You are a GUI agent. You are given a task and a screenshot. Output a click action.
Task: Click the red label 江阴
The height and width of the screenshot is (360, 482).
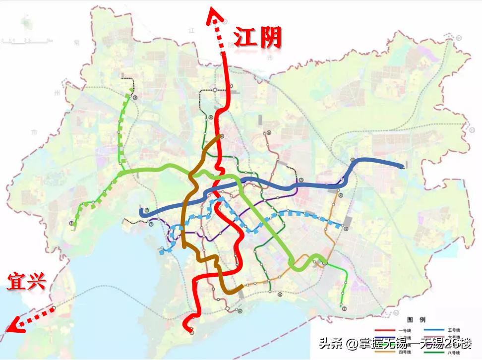pyautogui.click(x=258, y=38)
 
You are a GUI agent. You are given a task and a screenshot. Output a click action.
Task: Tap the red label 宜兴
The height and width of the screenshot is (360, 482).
pyautogui.click(x=26, y=281)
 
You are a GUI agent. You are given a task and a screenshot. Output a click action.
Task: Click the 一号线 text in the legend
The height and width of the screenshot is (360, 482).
pyautogui.click(x=402, y=330)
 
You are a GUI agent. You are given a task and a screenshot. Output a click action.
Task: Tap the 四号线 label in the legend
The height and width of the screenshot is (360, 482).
pyautogui.click(x=402, y=353)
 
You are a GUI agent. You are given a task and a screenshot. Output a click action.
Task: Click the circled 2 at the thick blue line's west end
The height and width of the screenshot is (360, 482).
pyautogui.click(x=147, y=211)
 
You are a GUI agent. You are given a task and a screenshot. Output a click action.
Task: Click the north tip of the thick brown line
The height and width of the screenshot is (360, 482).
pyautogui.click(x=221, y=136)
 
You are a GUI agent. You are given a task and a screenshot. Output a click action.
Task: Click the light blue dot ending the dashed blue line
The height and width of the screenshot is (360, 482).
pyautogui.click(x=162, y=252)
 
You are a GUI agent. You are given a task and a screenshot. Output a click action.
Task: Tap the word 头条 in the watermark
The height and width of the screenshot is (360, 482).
pyautogui.click(x=329, y=343)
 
